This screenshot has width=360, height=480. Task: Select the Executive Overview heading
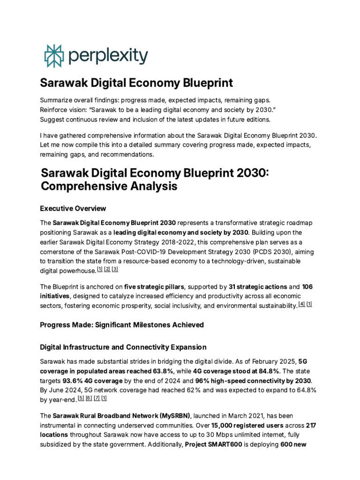click(73, 208)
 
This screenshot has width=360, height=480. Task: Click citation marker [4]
click(302, 304)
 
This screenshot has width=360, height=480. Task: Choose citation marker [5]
click(81, 398)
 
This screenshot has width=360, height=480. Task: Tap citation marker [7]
click(96, 398)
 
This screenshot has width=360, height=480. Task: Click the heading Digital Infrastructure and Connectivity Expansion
click(123, 347)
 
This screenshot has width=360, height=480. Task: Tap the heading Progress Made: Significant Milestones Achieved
click(122, 324)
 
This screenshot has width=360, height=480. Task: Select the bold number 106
click(307, 286)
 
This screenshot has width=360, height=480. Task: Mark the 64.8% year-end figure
click(303, 389)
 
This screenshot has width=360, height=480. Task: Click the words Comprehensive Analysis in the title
click(109, 186)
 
